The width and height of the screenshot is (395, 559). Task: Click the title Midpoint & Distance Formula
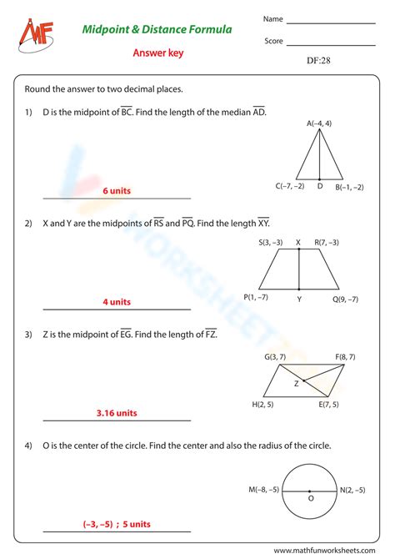(157, 30)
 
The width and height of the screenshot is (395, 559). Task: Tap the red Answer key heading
(157, 53)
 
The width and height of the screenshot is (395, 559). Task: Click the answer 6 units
(117, 191)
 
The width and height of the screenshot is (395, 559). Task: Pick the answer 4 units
(117, 302)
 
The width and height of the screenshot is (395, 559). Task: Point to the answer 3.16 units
(117, 412)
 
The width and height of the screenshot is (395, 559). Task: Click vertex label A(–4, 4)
(319, 123)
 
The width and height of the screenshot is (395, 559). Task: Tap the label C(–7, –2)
(289, 187)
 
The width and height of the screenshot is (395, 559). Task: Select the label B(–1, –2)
(349, 187)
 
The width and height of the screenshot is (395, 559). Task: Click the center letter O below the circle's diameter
(312, 498)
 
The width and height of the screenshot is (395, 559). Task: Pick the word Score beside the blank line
(274, 41)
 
